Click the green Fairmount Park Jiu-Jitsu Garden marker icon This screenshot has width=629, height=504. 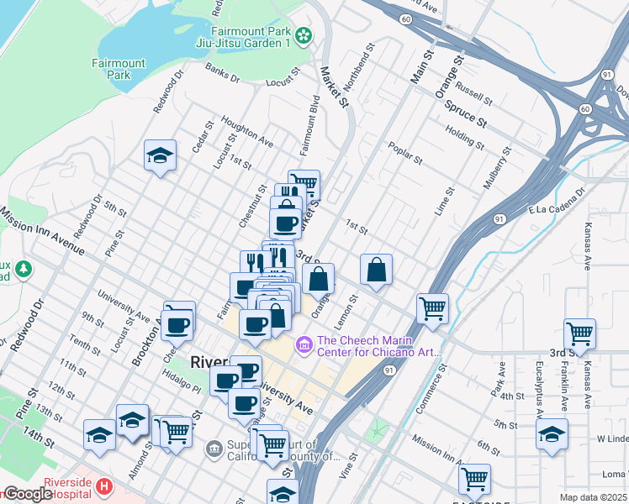coord(304,35)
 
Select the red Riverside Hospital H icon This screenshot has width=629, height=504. coord(103,486)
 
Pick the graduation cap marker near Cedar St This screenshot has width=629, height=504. coord(160,156)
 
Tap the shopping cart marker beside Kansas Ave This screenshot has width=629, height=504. coord(579,334)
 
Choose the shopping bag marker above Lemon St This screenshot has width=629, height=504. coord(377,270)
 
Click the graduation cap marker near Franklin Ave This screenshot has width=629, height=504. coord(552,434)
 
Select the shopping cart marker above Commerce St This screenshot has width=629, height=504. coord(432,308)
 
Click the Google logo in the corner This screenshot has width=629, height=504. coord(29,494)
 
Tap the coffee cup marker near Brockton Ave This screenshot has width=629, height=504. coord(178,323)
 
